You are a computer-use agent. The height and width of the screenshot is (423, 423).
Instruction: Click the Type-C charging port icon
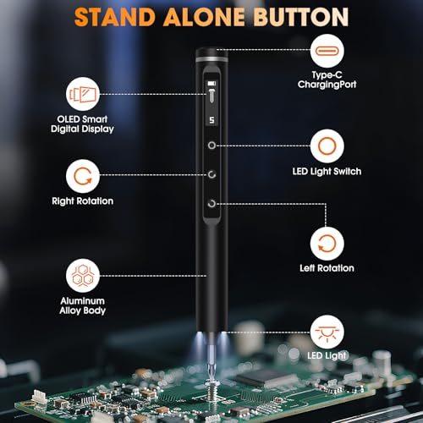[327, 51]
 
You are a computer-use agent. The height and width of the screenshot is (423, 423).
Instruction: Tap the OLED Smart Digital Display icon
[83, 94]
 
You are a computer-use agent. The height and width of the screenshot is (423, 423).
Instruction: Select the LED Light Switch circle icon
[327, 146]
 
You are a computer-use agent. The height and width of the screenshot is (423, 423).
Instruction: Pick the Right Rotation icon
[83, 176]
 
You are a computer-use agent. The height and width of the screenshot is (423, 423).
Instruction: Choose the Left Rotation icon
[327, 244]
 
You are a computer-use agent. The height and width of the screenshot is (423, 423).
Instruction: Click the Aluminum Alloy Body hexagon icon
[83, 276]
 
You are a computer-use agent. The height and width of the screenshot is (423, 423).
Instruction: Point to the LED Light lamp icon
[327, 332]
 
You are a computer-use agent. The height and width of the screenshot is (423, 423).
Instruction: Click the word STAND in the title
[115, 17]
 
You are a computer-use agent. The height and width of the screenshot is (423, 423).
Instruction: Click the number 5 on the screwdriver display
[211, 120]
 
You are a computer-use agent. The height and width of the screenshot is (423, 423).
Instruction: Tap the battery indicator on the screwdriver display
[211, 84]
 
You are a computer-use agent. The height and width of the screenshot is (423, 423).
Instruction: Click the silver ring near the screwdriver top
[211, 59]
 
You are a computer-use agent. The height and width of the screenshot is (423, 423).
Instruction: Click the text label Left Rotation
[327, 268]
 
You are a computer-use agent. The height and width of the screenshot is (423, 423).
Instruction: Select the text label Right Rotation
[83, 201]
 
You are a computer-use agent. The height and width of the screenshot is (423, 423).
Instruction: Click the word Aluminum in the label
[83, 301]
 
